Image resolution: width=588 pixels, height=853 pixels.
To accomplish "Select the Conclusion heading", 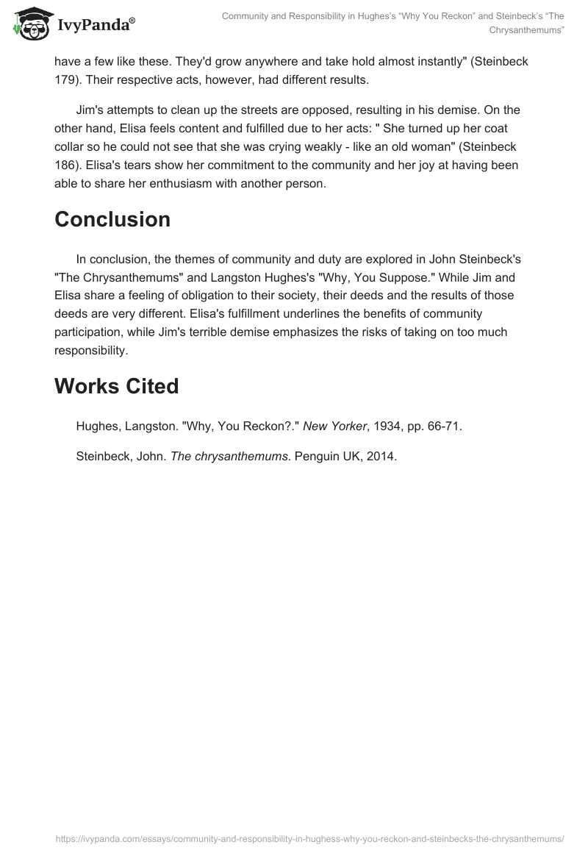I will (112, 220).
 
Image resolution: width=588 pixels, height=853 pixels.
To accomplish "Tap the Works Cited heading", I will (116, 386).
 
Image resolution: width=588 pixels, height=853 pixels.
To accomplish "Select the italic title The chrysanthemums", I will (229, 456).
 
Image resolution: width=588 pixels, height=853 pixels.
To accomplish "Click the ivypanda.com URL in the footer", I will (309, 838).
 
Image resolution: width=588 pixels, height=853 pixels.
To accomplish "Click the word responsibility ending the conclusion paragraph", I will (90, 350).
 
